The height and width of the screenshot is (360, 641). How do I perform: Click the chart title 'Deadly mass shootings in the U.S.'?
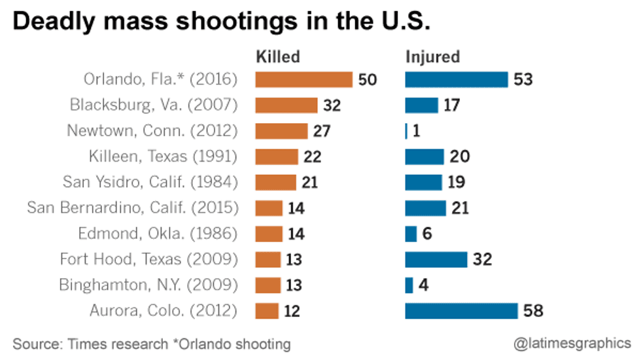click(222, 22)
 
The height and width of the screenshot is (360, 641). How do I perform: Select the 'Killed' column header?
click(277, 57)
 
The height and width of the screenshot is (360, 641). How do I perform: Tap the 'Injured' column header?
click(433, 57)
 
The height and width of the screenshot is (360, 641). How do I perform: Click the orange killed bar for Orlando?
click(303, 80)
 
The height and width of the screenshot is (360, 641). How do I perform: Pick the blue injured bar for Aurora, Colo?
click(461, 310)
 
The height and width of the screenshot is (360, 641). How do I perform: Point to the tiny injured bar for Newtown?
click(406, 131)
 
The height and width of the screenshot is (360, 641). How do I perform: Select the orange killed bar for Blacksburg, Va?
click(286, 105)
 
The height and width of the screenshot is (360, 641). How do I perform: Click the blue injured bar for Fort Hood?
click(436, 259)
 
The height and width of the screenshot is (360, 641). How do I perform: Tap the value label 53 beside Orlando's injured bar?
click(523, 81)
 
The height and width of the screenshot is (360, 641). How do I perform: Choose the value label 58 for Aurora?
click(534, 311)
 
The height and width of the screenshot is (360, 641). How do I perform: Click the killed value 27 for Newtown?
click(321, 131)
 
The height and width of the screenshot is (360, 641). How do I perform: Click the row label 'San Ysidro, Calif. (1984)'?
click(150, 182)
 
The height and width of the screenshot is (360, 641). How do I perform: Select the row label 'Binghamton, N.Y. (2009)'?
click(148, 285)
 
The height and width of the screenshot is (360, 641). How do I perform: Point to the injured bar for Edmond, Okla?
click(411, 234)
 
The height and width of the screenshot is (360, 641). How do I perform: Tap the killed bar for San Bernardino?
click(268, 208)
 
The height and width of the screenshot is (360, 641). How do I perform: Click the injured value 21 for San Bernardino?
click(459, 208)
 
